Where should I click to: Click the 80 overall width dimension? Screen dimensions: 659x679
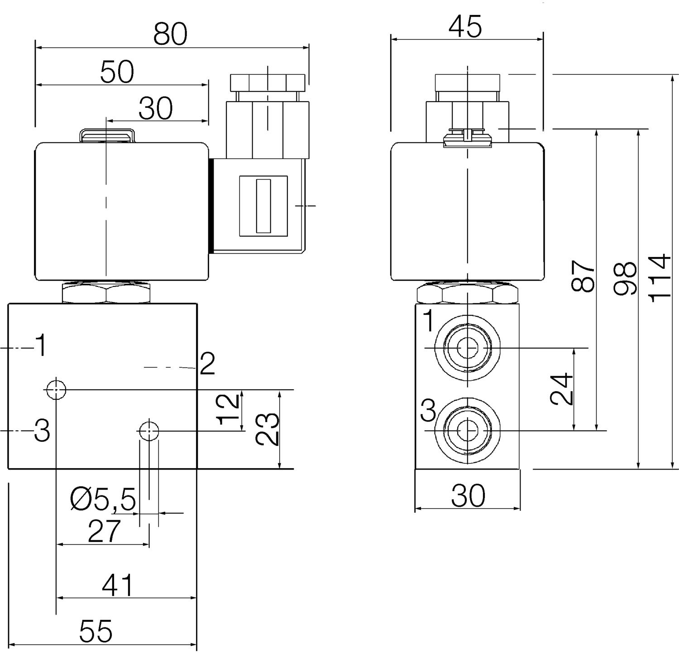170,34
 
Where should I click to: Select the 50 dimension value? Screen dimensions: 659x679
117,72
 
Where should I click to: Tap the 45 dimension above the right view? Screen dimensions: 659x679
465,27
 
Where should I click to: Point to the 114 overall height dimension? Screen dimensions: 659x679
659,277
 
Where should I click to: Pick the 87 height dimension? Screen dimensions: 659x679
583,276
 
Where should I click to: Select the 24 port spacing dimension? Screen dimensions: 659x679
562,389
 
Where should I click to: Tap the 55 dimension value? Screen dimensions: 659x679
96,631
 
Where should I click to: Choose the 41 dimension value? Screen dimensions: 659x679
118,586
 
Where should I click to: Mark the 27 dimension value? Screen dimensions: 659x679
105,531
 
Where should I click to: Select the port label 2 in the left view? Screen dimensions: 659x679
207,364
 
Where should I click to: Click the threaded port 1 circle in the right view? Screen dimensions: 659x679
468,348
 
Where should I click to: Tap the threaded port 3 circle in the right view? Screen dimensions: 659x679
468,430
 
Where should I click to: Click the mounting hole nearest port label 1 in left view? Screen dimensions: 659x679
56,389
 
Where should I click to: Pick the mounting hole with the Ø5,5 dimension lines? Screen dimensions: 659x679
149,431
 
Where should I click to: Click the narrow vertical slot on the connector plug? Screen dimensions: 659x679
263,206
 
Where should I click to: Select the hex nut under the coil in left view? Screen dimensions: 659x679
106,293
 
